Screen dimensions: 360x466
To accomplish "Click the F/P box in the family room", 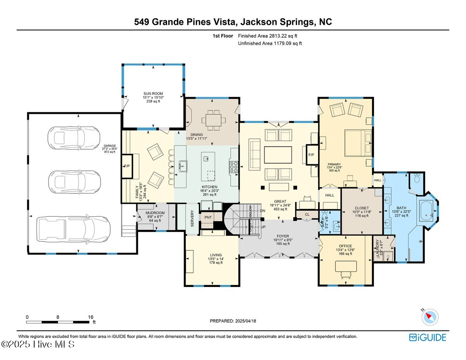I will point(127,166).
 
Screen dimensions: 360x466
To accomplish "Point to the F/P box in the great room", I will point(311,155).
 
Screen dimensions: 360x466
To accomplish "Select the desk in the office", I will point(345,266).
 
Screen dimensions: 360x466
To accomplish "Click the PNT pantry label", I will point(208,217).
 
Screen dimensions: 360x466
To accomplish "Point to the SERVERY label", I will point(192,218).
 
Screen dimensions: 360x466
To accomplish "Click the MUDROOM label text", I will point(155,213).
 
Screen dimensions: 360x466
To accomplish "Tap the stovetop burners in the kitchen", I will point(235,167).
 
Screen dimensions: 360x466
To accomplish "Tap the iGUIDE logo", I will point(428,337).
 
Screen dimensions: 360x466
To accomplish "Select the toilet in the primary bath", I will point(417,179).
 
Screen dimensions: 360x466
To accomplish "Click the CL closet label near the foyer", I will point(307,214).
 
